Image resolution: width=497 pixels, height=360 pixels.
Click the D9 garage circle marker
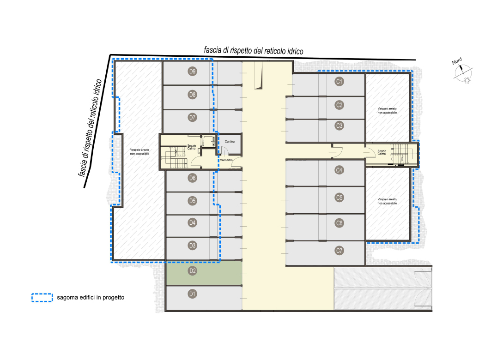pyautogui.click(x=193, y=71)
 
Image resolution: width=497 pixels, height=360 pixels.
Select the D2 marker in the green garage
pyautogui.click(x=193, y=271)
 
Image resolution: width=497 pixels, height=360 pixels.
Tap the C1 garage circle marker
pyautogui.click(x=339, y=81)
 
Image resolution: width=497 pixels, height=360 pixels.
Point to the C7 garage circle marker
pyautogui.click(x=339, y=251)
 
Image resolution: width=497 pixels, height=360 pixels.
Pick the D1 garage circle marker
pyautogui.click(x=193, y=294)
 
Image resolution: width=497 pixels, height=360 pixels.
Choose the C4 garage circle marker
pyautogui.click(x=339, y=170)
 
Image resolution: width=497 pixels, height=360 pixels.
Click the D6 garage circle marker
pyautogui.click(x=193, y=178)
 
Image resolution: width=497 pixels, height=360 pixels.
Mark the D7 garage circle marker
pyautogui.click(x=193, y=118)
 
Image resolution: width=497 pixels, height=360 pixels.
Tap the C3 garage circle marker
pyautogui.click(x=339, y=126)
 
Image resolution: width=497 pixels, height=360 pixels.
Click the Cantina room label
pyautogui.click(x=230, y=142)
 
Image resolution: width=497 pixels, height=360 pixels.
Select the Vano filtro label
pyautogui.click(x=226, y=160)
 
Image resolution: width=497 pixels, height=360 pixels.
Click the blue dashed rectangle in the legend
pyautogui.click(x=42, y=298)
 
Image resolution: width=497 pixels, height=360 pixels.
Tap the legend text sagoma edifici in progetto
pyautogui.click(x=91, y=298)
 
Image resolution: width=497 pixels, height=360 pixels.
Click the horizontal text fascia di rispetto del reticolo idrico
pyautogui.click(x=254, y=51)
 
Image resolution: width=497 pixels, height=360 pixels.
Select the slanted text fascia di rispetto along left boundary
pyautogui.click(x=91, y=127)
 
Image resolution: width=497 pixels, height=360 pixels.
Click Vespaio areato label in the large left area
pyautogui.click(x=139, y=152)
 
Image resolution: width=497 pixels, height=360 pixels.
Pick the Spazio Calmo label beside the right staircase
pyautogui.click(x=382, y=152)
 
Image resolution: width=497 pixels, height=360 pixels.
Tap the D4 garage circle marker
pyautogui.click(x=193, y=222)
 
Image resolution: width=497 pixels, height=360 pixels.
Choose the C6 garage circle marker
pyautogui.click(x=339, y=223)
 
